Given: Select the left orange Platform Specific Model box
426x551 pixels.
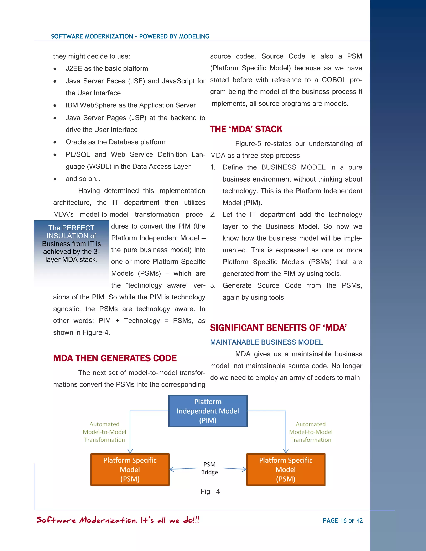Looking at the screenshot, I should pyautogui.click(x=130, y=469).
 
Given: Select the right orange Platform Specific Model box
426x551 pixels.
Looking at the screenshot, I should pyautogui.click(x=286, y=469).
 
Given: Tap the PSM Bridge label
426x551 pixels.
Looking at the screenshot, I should pyautogui.click(x=209, y=468).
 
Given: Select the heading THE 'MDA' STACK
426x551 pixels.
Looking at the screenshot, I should pyautogui.click(x=246, y=129).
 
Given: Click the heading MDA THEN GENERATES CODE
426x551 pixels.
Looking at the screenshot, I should pyautogui.click(x=115, y=358).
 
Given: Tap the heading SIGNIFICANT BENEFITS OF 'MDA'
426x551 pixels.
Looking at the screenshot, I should pyautogui.click(x=278, y=327).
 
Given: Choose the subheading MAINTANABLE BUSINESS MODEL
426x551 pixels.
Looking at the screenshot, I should pyautogui.click(x=266, y=342).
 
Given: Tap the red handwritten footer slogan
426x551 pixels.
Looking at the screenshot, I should pyautogui.click(x=118, y=520).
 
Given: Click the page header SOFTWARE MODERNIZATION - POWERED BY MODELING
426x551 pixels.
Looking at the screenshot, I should pyautogui.click(x=130, y=36).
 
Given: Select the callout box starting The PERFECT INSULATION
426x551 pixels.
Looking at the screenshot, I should pyautogui.click(x=71, y=244).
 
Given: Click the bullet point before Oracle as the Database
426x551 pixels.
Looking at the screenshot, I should pyautogui.click(x=55, y=142).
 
